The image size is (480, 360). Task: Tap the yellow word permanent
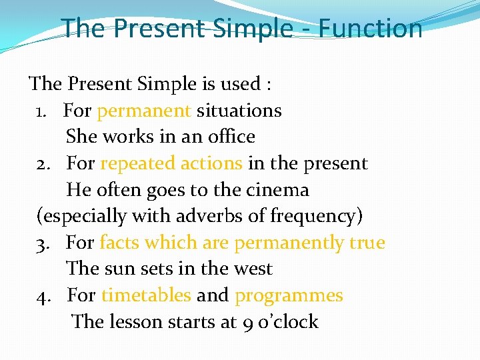tap(144, 110)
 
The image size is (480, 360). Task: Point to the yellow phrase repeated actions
tap(171, 163)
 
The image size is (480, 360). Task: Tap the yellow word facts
tap(119, 243)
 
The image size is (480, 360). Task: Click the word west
tap(253, 269)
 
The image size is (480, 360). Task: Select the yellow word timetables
tap(146, 295)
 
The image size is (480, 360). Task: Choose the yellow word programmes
tap(289, 295)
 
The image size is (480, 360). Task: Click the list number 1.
tap(41, 111)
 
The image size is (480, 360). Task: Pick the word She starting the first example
tap(81, 137)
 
